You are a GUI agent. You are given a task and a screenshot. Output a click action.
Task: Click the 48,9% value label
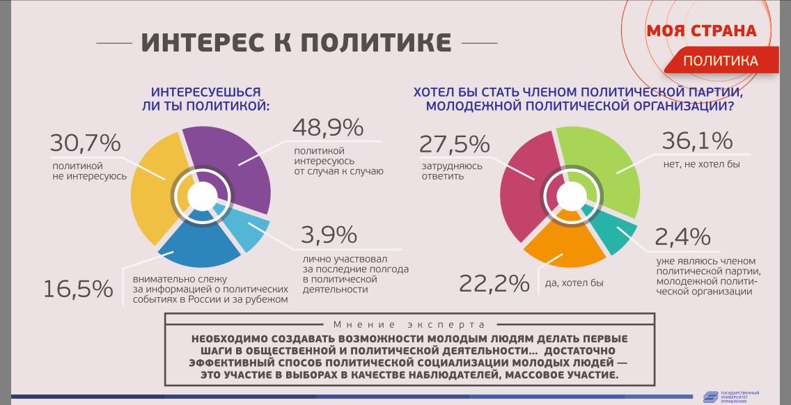coord(327,128)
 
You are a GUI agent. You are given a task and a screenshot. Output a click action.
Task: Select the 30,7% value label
coord(85,143)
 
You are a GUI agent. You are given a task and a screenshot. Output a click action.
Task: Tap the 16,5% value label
coord(78,288)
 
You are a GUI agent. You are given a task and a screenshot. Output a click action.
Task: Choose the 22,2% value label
coord(493,283)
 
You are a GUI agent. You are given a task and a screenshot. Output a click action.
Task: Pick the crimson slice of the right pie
coord(524,188)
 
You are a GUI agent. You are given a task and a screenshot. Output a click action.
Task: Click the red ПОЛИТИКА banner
coord(720,61)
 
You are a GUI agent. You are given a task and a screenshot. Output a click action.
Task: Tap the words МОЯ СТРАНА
coord(700,31)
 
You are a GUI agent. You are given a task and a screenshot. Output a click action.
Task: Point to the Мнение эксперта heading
coord(409,324)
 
